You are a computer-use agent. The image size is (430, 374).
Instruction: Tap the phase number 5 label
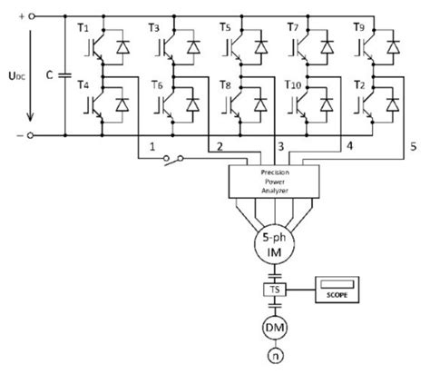point(414,145)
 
